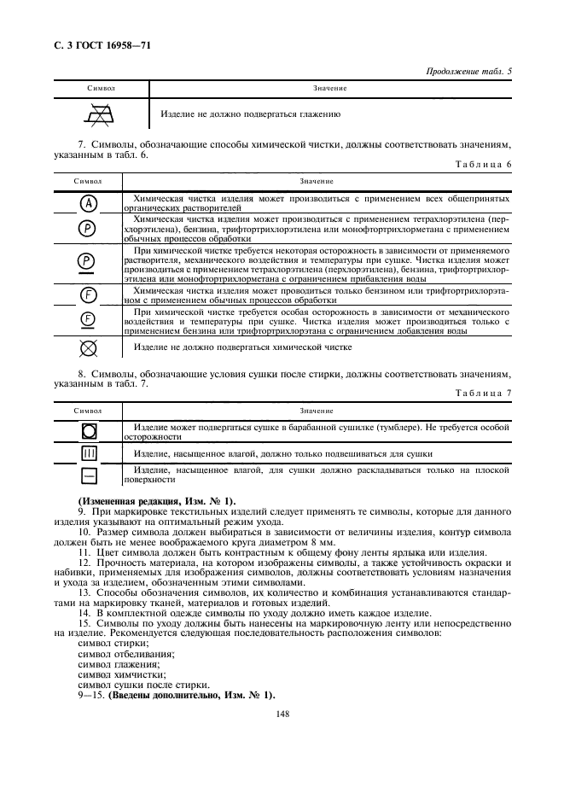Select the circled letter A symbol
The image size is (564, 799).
click(89, 202)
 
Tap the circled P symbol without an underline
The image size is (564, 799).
click(89, 228)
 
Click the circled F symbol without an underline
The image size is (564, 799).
click(89, 295)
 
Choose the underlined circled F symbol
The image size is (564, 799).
click(89, 321)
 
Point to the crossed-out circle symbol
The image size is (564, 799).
click(89, 348)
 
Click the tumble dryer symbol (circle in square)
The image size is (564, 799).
click(90, 430)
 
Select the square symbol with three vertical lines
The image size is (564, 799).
click(90, 453)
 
